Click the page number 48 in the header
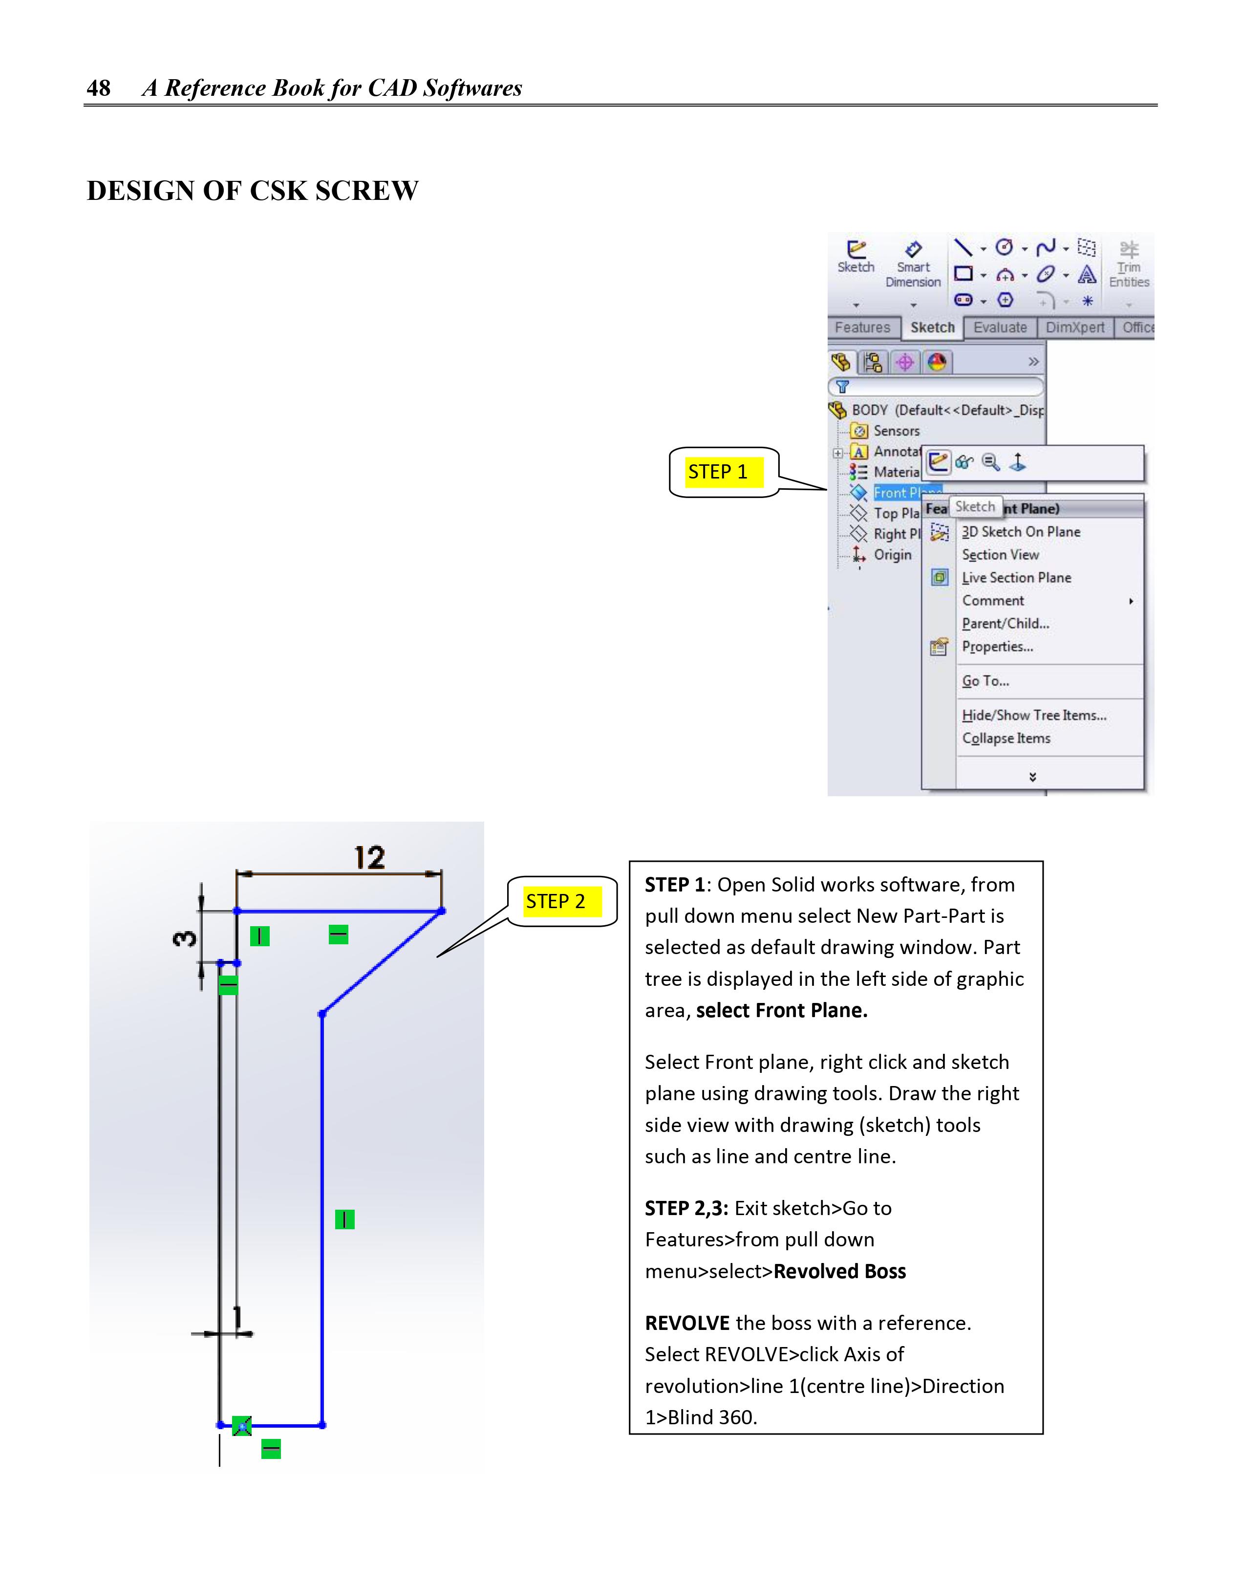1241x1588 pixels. tap(98, 88)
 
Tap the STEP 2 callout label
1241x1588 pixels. tap(556, 902)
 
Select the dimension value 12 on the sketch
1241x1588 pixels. tap(369, 858)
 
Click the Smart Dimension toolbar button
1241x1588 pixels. tap(913, 265)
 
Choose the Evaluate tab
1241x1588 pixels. tap(1000, 328)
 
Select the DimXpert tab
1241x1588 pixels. tap(1074, 328)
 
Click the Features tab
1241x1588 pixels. tap(862, 328)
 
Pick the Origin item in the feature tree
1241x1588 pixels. tap(892, 555)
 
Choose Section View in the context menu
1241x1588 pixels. tap(1000, 555)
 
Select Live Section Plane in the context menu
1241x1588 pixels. tap(1016, 578)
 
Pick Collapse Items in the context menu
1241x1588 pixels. tap(1006, 739)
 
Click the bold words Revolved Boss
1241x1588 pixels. tap(840, 1272)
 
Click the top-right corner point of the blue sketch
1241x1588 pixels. tap(442, 911)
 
